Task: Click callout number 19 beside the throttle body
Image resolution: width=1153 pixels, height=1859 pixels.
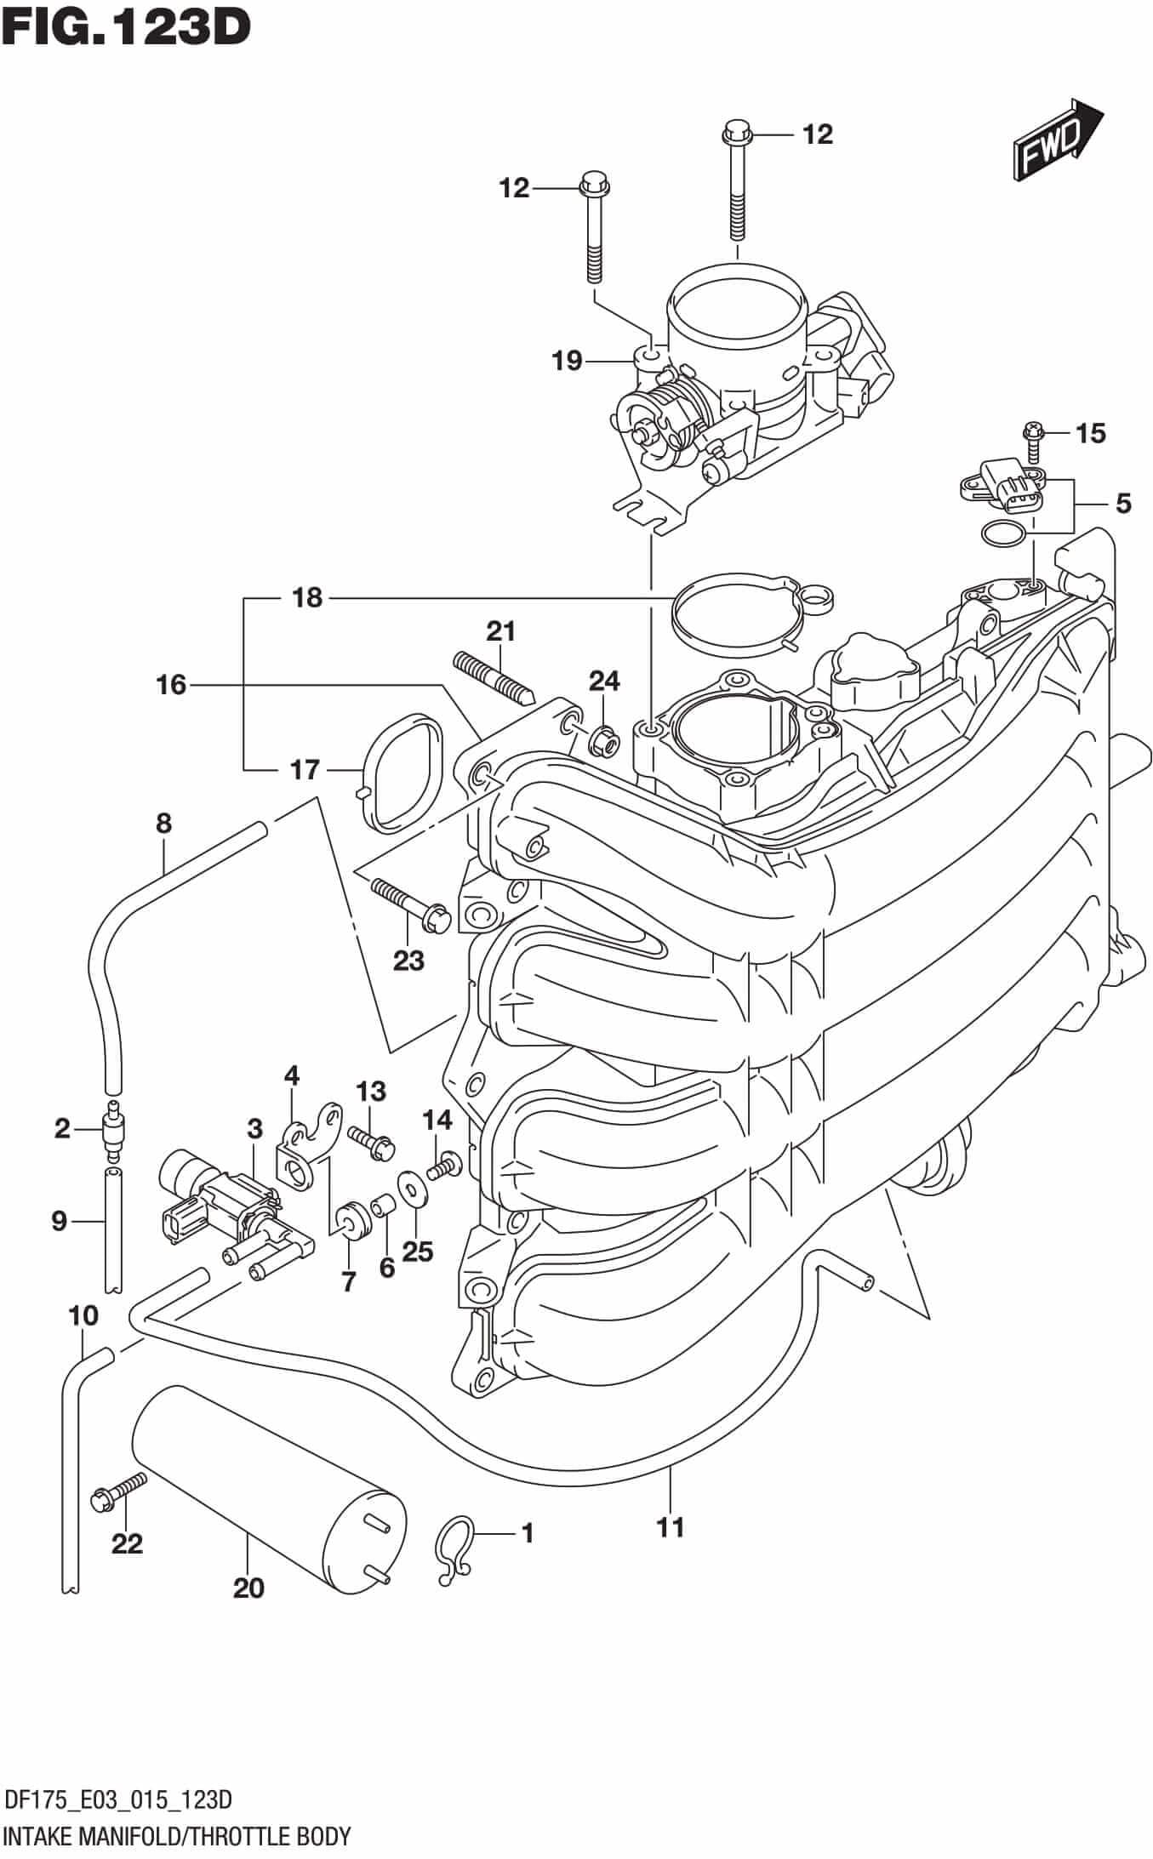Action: pos(567,362)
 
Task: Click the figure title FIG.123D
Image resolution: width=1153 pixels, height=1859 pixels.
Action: pos(126,27)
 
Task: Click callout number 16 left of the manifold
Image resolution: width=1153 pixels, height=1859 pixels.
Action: pos(171,684)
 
